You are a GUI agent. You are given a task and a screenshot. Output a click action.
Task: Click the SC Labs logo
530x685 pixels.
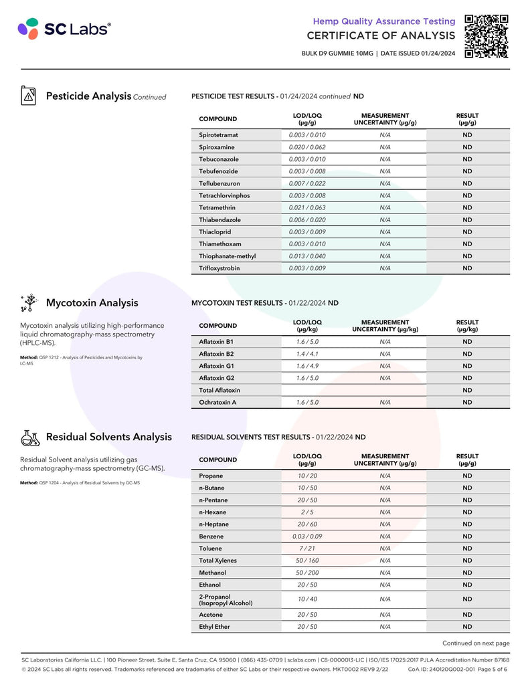64,28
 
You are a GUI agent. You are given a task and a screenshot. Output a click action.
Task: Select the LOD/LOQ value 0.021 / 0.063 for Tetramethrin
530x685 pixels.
307,207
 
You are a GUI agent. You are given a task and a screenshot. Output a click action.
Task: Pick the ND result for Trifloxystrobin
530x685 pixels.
467,268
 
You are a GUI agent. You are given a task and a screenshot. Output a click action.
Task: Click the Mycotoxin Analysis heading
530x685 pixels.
92,303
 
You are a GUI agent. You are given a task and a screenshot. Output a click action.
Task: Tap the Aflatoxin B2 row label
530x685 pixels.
216,354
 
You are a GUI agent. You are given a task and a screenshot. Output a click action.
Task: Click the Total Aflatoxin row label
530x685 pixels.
219,390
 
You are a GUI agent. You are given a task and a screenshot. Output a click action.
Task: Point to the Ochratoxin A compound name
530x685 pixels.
217,403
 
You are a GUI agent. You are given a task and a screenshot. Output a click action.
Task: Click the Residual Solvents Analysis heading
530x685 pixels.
108,437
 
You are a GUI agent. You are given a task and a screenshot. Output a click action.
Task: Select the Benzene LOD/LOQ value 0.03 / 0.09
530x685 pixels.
307,536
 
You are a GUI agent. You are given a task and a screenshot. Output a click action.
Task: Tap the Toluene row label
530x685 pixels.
210,549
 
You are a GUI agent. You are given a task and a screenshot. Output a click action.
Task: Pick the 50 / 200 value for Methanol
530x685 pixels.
307,573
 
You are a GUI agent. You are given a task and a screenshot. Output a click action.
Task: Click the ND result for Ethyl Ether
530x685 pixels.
467,627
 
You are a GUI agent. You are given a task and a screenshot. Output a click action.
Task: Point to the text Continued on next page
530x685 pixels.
476,643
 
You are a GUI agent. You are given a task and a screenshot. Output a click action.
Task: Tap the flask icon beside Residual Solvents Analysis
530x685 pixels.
29,437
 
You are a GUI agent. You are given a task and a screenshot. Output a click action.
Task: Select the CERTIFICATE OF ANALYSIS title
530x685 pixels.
381,35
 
